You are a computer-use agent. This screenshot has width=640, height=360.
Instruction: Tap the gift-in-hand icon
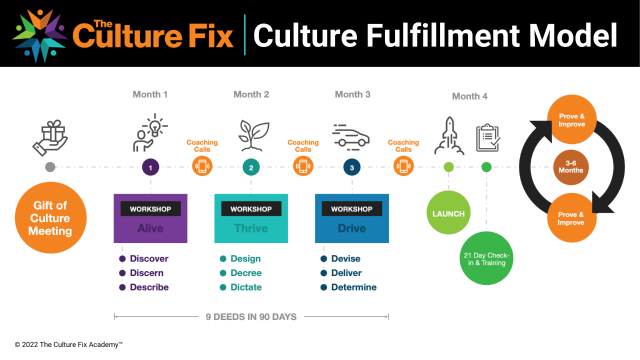[50, 137]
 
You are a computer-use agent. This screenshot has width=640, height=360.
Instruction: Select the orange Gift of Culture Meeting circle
[50, 218]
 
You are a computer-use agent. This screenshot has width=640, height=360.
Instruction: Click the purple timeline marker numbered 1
[150, 167]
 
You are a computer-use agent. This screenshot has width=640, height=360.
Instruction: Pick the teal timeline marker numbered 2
[251, 167]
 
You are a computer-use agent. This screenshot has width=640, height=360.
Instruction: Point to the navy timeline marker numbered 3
[352, 167]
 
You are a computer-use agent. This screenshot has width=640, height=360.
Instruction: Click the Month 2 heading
[251, 94]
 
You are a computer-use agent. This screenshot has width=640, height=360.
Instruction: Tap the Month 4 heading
[469, 96]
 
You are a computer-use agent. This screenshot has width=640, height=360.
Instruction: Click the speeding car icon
[351, 136]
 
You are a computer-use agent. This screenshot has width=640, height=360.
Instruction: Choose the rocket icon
[448, 135]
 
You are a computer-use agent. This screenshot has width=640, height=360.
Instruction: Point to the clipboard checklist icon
[488, 137]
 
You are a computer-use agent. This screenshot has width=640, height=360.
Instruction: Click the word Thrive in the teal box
[251, 228]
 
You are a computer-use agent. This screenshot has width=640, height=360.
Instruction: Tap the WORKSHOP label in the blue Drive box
[352, 209]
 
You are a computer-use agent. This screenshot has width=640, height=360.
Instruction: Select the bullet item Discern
[146, 273]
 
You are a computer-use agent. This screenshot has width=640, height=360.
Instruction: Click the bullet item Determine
[353, 287]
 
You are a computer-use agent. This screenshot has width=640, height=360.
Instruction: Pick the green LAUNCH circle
[448, 213]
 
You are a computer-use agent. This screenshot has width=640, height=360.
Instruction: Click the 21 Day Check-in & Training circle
[486, 258]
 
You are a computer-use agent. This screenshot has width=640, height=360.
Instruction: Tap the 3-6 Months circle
[571, 167]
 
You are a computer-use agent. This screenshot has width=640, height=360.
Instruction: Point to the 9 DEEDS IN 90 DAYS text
[251, 316]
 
